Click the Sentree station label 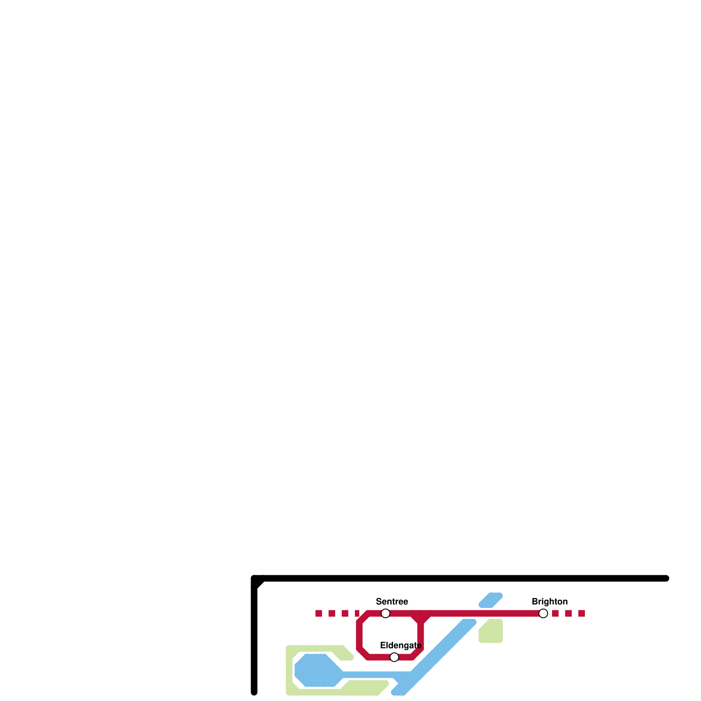(392, 602)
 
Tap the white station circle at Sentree (386, 613)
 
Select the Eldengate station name (400, 645)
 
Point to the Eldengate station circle (394, 657)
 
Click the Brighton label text (549, 602)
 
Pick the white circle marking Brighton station (543, 613)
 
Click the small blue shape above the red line (491, 600)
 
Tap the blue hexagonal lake (316, 670)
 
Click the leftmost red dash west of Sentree (319, 613)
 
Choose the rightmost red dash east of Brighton (581, 613)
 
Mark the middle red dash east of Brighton (568, 613)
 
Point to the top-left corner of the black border (255, 579)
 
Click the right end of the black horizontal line (666, 578)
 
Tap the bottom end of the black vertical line (254, 692)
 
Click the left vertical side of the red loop (359, 635)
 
